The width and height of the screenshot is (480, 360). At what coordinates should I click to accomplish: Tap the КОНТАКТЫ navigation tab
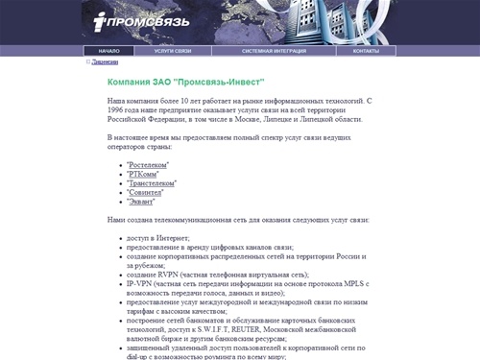(x=366, y=50)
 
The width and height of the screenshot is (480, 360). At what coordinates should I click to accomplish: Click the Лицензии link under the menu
(x=106, y=61)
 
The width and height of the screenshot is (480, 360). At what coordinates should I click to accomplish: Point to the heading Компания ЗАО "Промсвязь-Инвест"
(x=185, y=84)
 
